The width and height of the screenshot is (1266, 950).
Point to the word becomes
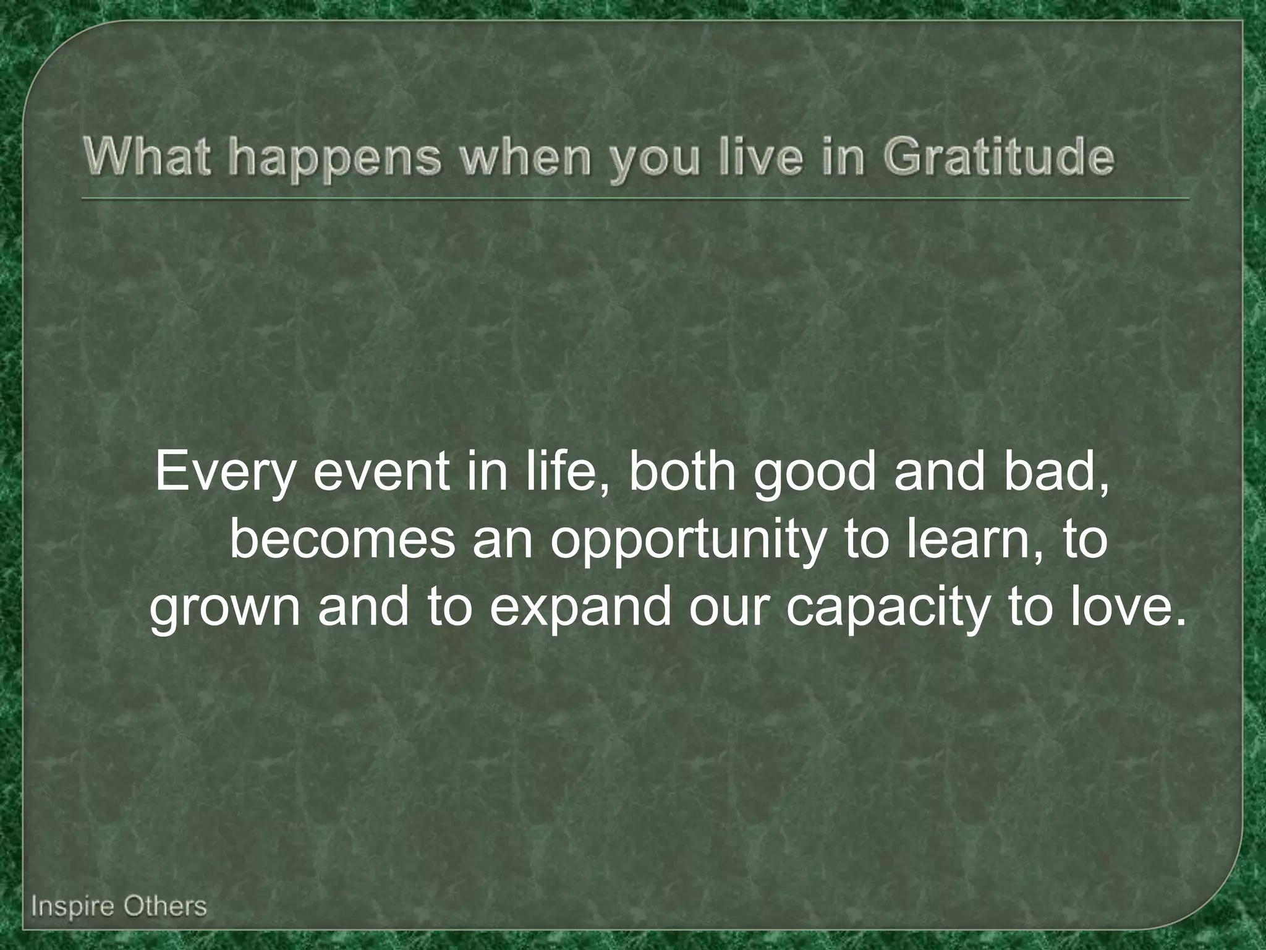(x=342, y=540)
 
